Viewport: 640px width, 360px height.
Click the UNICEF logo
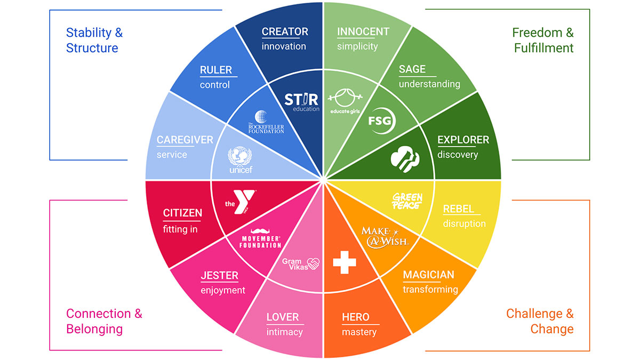click(240, 159)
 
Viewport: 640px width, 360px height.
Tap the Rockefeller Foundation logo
click(266, 122)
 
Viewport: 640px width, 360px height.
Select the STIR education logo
click(302, 102)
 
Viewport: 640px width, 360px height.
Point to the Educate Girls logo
click(345, 101)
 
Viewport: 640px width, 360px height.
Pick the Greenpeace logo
click(407, 201)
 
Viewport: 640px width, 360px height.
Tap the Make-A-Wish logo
click(386, 237)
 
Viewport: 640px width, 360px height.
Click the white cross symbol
click(345, 262)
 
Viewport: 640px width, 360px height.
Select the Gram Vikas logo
click(301, 264)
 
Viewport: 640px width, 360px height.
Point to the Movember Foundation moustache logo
click(260, 238)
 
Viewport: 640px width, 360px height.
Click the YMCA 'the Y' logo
click(240, 202)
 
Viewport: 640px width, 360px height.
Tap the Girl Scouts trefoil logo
click(405, 159)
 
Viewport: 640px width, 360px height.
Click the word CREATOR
click(285, 31)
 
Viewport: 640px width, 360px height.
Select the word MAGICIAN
click(429, 275)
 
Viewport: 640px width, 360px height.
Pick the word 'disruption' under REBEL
click(465, 223)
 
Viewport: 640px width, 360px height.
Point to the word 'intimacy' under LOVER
click(285, 332)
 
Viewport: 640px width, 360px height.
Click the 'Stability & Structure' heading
click(94, 41)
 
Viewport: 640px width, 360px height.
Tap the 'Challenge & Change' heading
click(540, 321)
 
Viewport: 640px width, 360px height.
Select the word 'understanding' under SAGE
click(429, 84)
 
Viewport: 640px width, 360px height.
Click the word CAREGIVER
click(185, 140)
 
